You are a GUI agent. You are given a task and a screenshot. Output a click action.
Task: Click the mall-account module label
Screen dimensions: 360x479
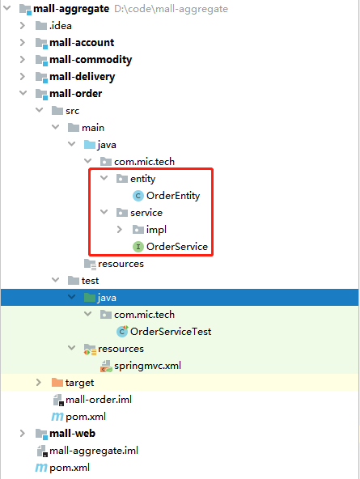82,42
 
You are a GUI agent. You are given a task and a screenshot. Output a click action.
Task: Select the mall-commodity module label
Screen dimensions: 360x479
91,60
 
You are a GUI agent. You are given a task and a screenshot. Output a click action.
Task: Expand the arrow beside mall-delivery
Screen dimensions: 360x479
23,76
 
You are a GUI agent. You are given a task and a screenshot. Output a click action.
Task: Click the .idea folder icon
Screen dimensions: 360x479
41,26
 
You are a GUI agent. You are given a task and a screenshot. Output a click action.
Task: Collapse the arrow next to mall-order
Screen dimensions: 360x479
23,93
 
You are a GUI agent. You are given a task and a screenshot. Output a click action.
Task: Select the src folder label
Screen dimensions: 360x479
72,111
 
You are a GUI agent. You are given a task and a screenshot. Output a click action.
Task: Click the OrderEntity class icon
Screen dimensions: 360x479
138,196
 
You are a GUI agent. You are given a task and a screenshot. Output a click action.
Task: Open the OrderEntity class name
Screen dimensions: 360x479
173,196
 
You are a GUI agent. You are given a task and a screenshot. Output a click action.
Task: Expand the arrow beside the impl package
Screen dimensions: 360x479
120,230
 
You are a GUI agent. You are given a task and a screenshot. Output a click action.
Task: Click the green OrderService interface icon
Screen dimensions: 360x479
138,247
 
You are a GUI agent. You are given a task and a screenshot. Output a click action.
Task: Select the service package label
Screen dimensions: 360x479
146,213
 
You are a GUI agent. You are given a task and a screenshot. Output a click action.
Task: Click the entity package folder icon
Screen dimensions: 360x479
122,178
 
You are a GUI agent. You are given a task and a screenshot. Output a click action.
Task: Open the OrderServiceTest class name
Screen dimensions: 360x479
171,332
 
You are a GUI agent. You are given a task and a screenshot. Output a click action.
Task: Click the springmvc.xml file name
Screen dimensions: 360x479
147,366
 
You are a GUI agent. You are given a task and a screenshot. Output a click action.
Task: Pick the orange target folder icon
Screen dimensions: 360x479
57,382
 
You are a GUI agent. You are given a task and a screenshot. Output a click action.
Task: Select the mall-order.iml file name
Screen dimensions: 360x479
99,400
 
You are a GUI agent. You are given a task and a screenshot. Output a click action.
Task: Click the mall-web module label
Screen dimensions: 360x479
72,434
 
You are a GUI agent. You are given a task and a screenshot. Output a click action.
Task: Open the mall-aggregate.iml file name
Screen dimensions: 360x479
94,451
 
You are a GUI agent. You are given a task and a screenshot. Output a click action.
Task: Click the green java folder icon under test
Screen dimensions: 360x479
90,297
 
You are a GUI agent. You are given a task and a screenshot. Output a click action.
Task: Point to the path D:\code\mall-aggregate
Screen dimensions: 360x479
171,9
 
